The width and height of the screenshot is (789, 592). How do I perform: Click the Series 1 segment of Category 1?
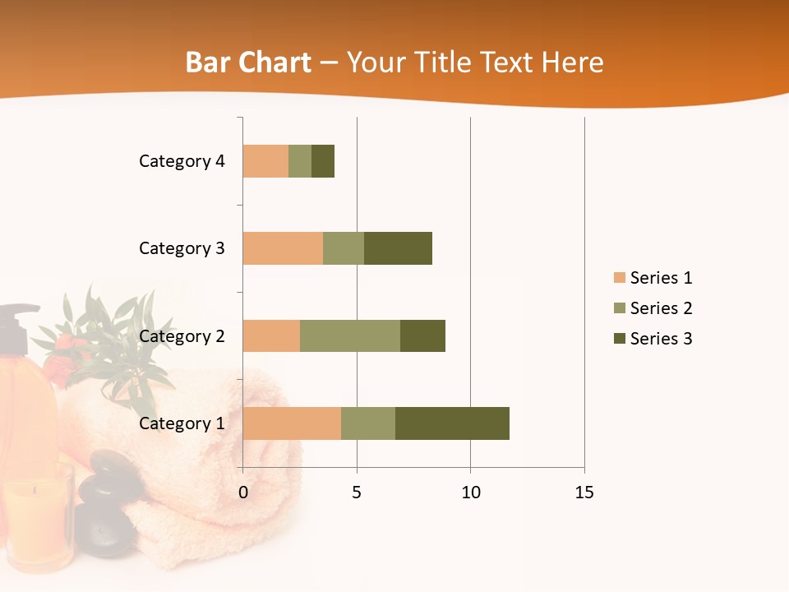292,423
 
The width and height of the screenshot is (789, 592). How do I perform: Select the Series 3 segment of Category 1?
452,423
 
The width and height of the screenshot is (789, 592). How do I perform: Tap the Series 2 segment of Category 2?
350,335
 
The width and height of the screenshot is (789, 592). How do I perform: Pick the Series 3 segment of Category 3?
398,248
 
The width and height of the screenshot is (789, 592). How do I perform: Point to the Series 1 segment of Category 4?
265,161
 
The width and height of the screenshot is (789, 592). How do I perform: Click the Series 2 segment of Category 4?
300,161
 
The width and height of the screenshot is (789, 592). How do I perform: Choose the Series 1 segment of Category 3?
283,248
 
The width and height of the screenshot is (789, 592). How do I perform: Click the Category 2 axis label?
182,335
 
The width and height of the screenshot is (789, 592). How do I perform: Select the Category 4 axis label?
182,161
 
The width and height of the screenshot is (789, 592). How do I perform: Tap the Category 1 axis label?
182,423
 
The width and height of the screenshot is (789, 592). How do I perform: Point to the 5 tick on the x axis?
357,493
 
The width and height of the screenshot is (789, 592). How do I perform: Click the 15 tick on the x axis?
584,493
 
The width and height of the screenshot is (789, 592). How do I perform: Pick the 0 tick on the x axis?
242,493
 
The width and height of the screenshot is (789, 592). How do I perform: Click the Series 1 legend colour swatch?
619,278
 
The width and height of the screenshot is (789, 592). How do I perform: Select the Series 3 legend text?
661,338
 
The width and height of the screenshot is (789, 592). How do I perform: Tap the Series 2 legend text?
661,308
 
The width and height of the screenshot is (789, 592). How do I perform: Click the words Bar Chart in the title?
248,62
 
